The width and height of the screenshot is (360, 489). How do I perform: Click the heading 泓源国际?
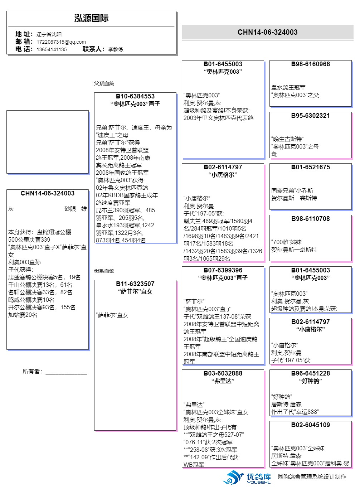click(x=91, y=19)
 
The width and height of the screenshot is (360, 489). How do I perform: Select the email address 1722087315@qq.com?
click(x=61, y=42)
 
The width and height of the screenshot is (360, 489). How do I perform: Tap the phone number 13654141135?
click(x=52, y=49)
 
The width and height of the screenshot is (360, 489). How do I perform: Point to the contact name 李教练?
click(x=116, y=49)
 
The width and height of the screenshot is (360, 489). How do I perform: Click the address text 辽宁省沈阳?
click(x=49, y=34)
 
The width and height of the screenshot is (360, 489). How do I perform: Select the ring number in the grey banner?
click(x=267, y=32)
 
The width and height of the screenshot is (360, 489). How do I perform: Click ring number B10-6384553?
click(x=135, y=96)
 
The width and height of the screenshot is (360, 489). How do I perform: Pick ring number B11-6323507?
click(x=135, y=284)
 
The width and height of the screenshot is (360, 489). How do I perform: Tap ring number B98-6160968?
click(x=311, y=64)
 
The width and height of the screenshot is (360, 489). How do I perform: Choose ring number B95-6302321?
click(x=311, y=116)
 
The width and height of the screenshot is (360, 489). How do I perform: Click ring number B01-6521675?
click(x=311, y=167)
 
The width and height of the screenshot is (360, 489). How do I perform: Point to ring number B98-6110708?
click(x=311, y=219)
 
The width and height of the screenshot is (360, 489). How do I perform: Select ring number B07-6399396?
click(x=223, y=270)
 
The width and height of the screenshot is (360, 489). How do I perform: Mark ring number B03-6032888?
click(x=223, y=373)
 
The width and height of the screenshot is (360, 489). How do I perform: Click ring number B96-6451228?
click(x=311, y=373)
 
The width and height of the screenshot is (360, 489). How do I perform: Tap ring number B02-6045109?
click(x=311, y=425)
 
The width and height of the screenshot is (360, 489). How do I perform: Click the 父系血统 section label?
click(x=104, y=83)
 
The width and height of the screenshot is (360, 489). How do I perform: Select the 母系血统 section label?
click(x=104, y=271)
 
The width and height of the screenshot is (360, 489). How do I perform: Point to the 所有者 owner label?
click(x=32, y=372)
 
